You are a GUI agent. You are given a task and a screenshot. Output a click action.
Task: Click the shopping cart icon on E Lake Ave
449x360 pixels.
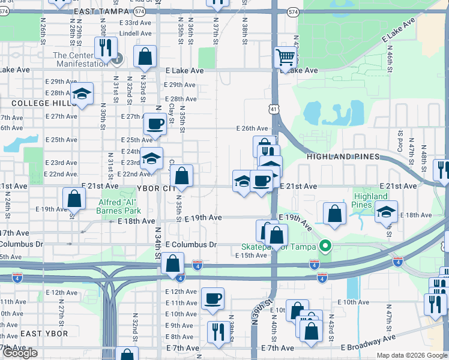tap(286, 58)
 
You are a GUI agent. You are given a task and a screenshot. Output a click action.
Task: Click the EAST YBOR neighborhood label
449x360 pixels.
tap(21, 333)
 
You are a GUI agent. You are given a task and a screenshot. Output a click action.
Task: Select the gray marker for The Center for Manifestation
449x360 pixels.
tap(118, 59)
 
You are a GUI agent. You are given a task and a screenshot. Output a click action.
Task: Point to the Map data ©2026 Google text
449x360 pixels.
tap(412, 355)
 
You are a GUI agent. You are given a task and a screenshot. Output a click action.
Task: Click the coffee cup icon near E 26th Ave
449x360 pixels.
tap(155, 124)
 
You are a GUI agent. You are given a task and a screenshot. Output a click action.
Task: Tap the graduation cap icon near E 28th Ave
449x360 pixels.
tap(81, 94)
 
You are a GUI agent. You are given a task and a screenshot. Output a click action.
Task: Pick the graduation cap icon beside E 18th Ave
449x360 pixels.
tap(385, 211)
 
